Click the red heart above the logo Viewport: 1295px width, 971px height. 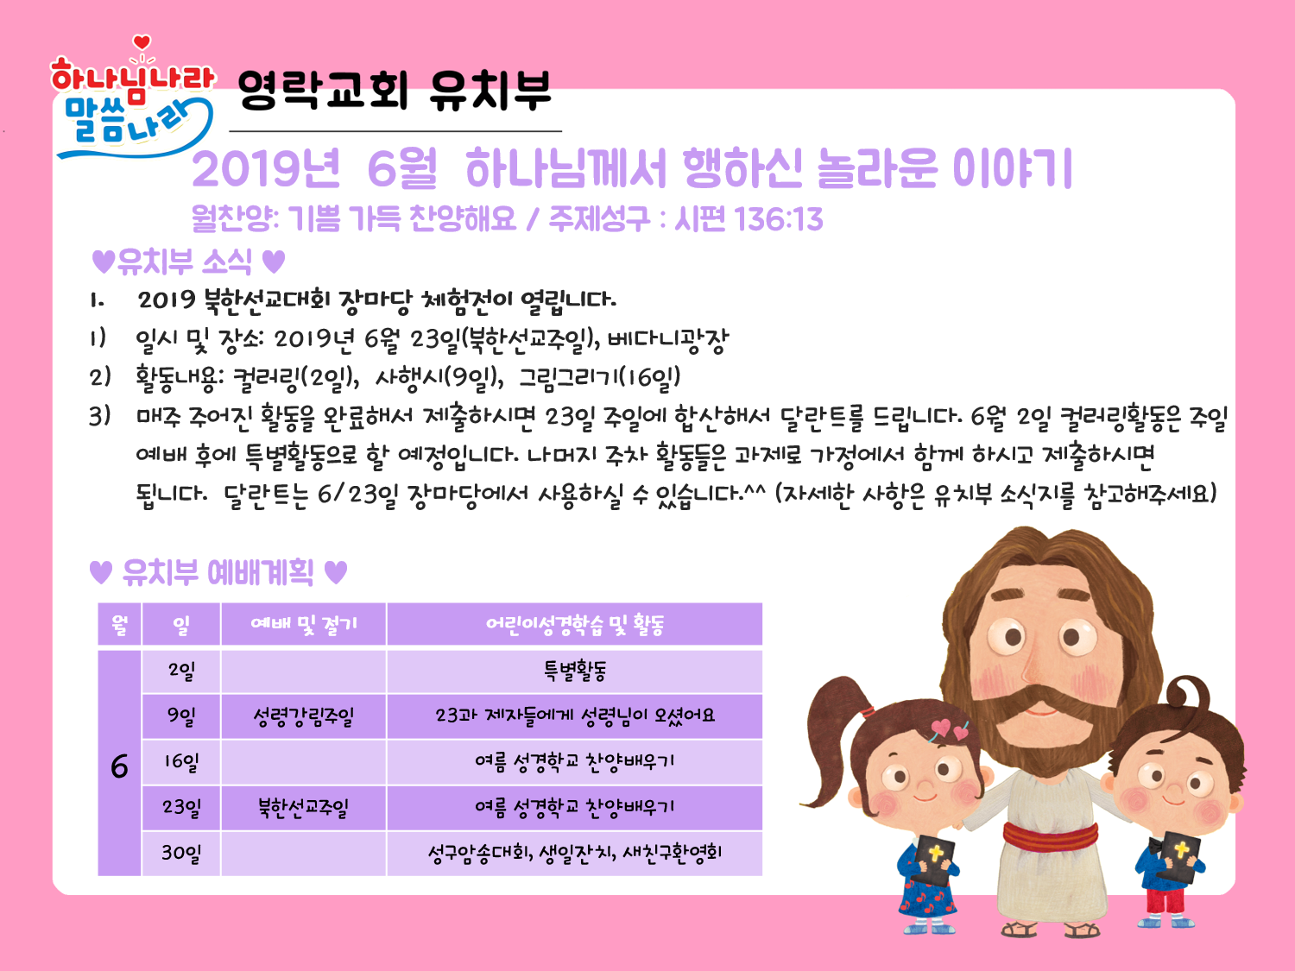click(x=142, y=42)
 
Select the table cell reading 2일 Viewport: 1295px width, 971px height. click(x=181, y=671)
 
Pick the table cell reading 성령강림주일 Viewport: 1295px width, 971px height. click(x=303, y=716)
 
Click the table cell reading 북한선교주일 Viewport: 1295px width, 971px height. click(x=303, y=808)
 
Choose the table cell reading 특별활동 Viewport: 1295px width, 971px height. click(x=575, y=671)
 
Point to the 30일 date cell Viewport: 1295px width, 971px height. click(x=181, y=853)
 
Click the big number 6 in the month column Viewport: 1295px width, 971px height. click(x=119, y=766)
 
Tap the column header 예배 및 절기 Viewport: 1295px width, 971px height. click(x=303, y=624)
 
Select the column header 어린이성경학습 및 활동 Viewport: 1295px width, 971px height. click(x=575, y=624)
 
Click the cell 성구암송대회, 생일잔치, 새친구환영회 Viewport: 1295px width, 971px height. click(x=575, y=853)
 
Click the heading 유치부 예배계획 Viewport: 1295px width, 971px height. click(x=218, y=572)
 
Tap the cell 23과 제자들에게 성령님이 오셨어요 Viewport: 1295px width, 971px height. click(x=575, y=716)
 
